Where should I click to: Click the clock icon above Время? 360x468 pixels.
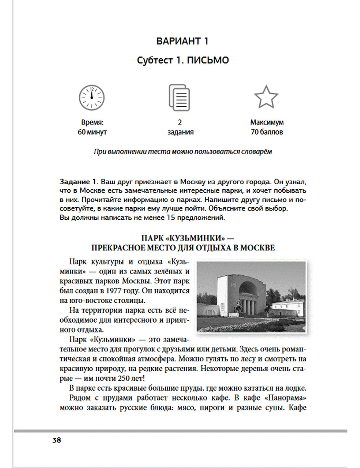pyautogui.click(x=91, y=98)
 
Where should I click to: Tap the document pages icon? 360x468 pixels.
pyautogui.click(x=179, y=98)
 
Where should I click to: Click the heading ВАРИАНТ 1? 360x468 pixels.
pyautogui.click(x=182, y=41)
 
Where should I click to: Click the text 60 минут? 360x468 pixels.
pyautogui.click(x=92, y=132)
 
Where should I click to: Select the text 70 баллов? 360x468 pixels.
pyautogui.click(x=267, y=132)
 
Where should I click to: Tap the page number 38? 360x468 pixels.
pyautogui.click(x=57, y=440)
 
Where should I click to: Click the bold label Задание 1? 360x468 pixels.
pyautogui.click(x=79, y=182)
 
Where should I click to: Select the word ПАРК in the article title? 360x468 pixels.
pyautogui.click(x=153, y=238)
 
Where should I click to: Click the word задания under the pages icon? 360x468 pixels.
pyautogui.click(x=180, y=132)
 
